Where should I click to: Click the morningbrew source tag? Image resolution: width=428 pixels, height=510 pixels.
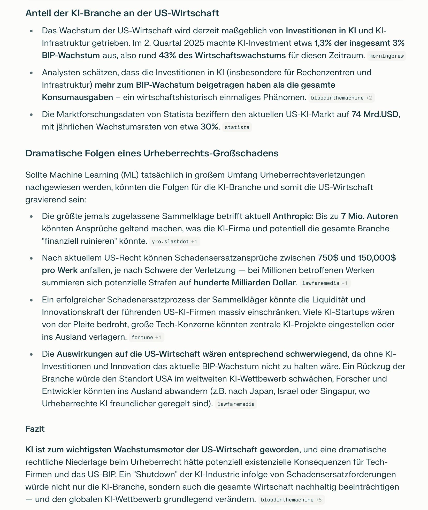coord(387,56)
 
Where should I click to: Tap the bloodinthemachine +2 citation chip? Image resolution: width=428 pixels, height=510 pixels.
coord(341,98)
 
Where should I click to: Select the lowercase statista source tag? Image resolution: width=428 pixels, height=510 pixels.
coord(237,127)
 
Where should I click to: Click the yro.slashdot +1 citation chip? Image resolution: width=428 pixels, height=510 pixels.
coord(174,241)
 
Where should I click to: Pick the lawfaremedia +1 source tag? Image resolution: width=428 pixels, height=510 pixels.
coord(325,283)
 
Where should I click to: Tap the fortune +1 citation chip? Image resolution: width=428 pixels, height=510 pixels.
coord(146,337)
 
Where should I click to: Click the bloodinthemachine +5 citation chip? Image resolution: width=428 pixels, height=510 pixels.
coord(291,500)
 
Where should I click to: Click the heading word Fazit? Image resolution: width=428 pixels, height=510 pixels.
coord(35,429)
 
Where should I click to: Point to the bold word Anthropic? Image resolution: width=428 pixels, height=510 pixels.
coord(292,216)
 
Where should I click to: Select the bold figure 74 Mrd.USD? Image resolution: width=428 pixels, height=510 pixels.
coord(375,114)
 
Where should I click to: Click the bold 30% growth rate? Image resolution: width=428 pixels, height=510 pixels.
coord(209,127)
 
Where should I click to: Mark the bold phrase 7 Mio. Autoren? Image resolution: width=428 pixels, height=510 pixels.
coord(369,216)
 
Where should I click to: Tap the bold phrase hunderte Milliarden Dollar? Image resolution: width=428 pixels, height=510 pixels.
coord(244,283)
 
